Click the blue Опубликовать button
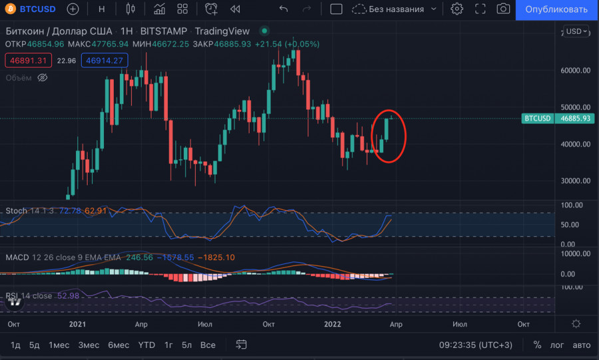point(556,9)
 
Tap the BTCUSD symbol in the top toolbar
point(34,9)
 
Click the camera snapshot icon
point(504,9)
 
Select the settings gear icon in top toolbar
point(457,9)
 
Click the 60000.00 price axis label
point(574,70)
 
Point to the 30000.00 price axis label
point(574,180)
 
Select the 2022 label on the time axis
point(334,323)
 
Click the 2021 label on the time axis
point(77,323)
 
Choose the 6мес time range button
point(118,345)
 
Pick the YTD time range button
point(146,345)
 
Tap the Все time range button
point(208,345)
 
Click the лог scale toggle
point(557,345)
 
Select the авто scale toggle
point(582,345)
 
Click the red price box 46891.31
point(27,61)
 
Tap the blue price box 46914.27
point(104,61)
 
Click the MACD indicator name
point(17,257)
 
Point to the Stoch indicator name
point(17,211)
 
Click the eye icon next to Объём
point(43,78)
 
